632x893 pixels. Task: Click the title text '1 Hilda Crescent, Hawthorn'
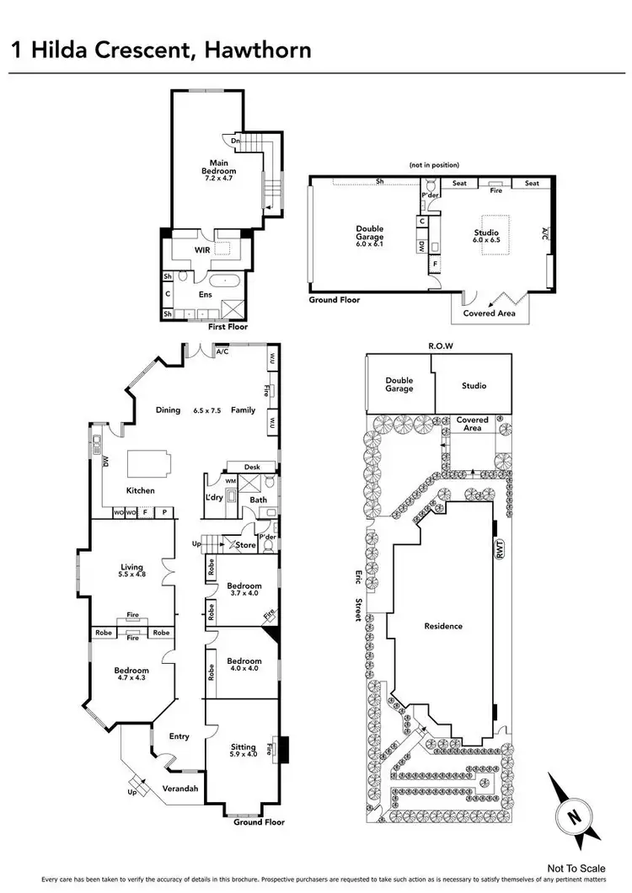pyautogui.click(x=161, y=49)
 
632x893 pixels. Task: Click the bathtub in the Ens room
pyautogui.click(x=226, y=284)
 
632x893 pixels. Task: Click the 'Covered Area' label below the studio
pyautogui.click(x=490, y=313)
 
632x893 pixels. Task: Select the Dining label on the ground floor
pyautogui.click(x=168, y=410)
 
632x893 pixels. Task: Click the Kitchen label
pyautogui.click(x=140, y=490)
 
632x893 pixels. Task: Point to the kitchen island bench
pyautogui.click(x=148, y=464)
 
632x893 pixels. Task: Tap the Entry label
pyautogui.click(x=179, y=736)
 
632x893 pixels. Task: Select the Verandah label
pyautogui.click(x=180, y=789)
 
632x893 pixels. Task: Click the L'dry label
pyautogui.click(x=213, y=497)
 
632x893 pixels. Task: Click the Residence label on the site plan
pyautogui.click(x=443, y=626)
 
